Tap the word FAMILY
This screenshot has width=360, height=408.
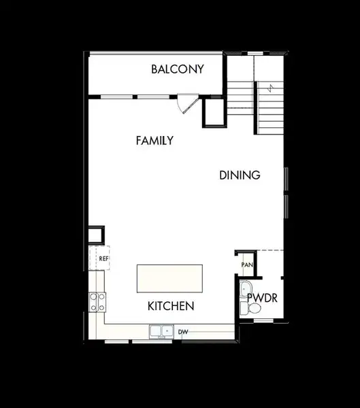pyautogui.click(x=154, y=141)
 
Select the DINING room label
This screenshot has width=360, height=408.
pyautogui.click(x=240, y=175)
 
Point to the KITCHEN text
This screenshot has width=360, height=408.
pyautogui.click(x=171, y=306)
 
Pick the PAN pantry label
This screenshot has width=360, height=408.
pyautogui.click(x=247, y=265)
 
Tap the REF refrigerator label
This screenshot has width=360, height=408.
pyautogui.click(x=103, y=258)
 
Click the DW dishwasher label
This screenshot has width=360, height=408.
pyautogui.click(x=182, y=332)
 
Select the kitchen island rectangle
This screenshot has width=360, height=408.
pyautogui.click(x=169, y=279)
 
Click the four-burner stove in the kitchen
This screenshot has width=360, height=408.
pyautogui.click(x=97, y=301)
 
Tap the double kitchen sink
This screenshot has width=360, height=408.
pyautogui.click(x=160, y=331)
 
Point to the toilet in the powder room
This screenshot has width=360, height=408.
pyautogui.click(x=255, y=309)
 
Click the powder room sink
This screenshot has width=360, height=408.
pyautogui.click(x=245, y=288)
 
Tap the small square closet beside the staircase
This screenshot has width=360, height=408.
pyautogui.click(x=214, y=112)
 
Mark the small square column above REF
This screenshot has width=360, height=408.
pyautogui.click(x=96, y=235)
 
